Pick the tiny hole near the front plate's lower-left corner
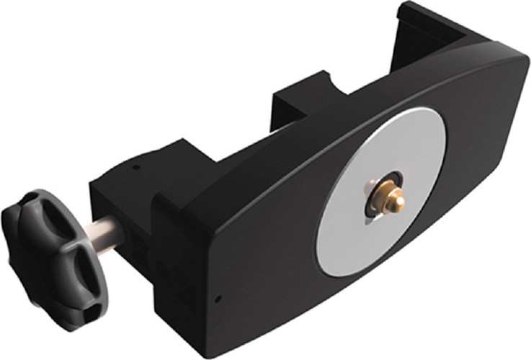[x=219, y=297]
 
